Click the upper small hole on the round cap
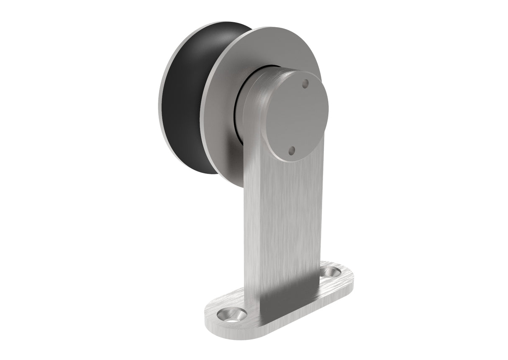305,82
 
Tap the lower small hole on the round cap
292,150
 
